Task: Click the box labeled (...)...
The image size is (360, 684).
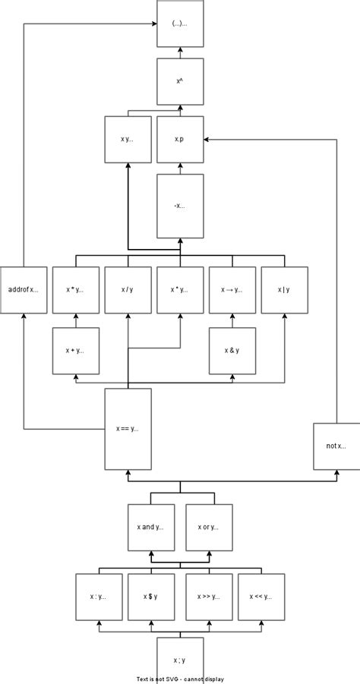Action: [180, 24]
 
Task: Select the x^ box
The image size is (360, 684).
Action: [180, 81]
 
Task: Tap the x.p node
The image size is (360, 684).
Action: [180, 139]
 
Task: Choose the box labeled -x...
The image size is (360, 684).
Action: [180, 206]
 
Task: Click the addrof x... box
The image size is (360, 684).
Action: [24, 290]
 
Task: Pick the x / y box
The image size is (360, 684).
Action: [128, 290]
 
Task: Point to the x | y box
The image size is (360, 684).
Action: [284, 290]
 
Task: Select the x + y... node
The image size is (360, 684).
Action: [75, 350]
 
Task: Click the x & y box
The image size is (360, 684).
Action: [232, 350]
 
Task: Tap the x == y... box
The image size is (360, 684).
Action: [128, 428]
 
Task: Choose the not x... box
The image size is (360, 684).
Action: [336, 446]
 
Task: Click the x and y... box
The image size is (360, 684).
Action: [150, 527]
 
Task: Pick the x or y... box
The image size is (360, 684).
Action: [208, 527]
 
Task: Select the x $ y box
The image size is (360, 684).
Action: [150, 596]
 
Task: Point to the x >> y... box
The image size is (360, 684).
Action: [208, 596]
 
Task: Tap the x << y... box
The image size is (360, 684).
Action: [261, 596]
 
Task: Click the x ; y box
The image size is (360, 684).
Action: [180, 659]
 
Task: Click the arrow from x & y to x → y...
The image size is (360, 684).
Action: [232, 320]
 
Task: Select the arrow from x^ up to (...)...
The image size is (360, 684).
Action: [180, 52]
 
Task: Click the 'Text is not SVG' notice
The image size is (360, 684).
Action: [180, 679]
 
